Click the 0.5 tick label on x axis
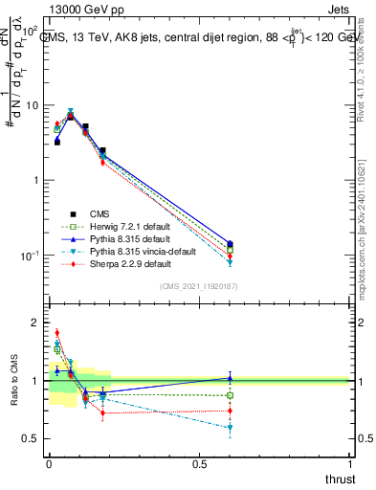pos(199,464)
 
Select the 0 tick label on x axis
pos(49,464)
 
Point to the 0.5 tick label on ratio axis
pos(30,438)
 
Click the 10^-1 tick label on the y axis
pos(29,256)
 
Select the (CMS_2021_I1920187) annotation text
pos(198,286)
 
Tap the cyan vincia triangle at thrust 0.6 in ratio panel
pos(230,429)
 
